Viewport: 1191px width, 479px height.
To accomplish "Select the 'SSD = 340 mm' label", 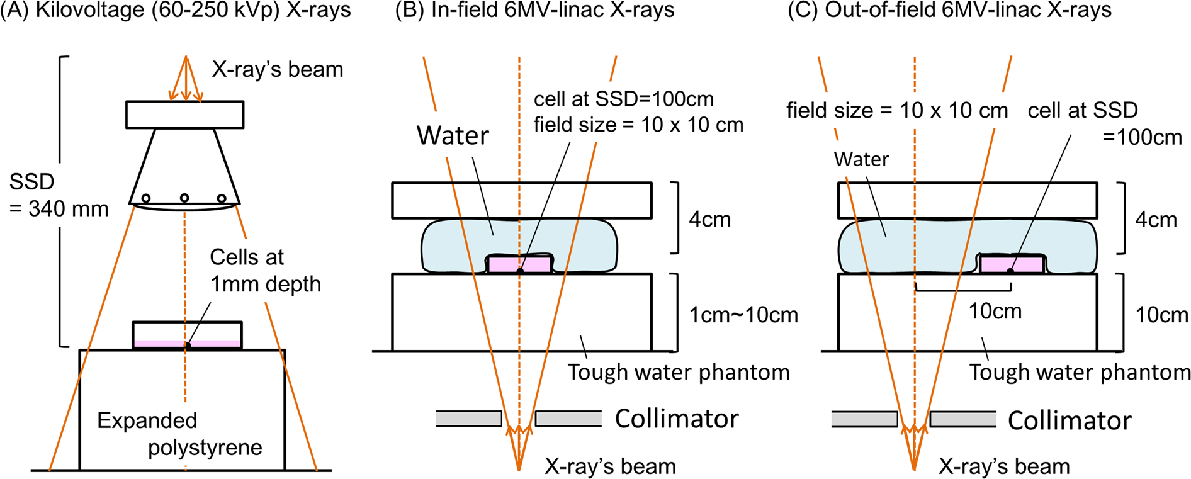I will tap(59, 195).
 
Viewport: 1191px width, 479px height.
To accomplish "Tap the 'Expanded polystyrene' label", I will tap(179, 434).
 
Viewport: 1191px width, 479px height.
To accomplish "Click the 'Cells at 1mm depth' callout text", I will tap(264, 271).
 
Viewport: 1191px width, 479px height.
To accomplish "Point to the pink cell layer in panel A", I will tap(157, 343).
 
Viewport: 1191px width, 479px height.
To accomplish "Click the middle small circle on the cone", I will tap(184, 198).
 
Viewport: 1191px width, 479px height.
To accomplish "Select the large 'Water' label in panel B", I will tap(453, 135).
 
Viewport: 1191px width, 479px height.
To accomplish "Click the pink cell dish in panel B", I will tap(520, 265).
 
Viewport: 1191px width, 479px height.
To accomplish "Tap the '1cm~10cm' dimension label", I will tap(743, 315).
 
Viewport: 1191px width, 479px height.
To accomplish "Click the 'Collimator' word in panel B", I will tap(676, 419).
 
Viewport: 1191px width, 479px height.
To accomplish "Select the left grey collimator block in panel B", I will tap(469, 419).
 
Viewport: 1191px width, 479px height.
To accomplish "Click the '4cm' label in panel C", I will tap(1156, 220).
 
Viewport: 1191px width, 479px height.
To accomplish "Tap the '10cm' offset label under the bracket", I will tap(995, 311).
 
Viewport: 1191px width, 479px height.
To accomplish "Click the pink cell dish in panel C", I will tap(1012, 264).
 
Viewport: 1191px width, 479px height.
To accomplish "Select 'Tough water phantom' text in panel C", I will tap(1079, 372).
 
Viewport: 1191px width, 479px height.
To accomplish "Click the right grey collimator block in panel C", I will tap(963, 419).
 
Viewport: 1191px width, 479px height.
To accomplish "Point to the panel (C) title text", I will tap(949, 11).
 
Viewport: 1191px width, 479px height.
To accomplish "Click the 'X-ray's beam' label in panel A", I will tap(278, 69).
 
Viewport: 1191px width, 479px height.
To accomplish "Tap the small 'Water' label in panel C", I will tap(861, 159).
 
